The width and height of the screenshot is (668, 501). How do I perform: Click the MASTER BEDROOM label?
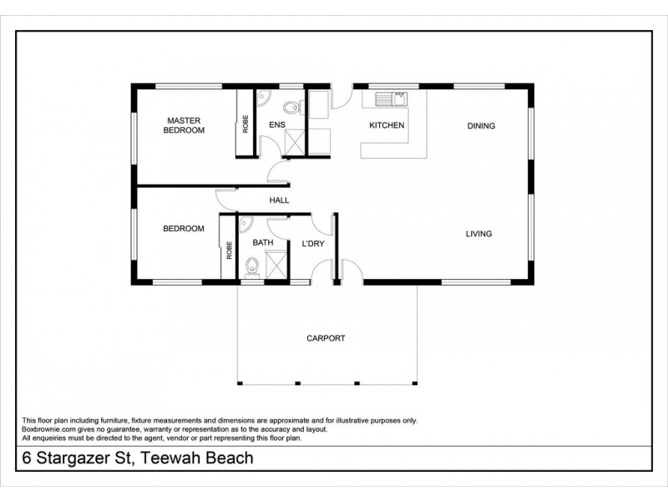click(x=183, y=125)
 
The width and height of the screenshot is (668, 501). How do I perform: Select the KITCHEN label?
click(x=387, y=125)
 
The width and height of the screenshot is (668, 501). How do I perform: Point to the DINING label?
click(x=481, y=126)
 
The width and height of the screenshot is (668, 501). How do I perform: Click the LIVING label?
click(x=478, y=234)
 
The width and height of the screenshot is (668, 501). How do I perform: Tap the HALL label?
click(x=279, y=200)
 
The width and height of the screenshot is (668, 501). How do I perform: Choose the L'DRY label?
click(x=312, y=243)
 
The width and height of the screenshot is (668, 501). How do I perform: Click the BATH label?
click(x=263, y=243)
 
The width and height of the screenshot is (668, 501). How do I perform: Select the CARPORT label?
click(x=326, y=338)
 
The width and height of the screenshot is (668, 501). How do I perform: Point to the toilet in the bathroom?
click(x=251, y=267)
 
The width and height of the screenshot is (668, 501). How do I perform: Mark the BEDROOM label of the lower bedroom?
click(x=183, y=229)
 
